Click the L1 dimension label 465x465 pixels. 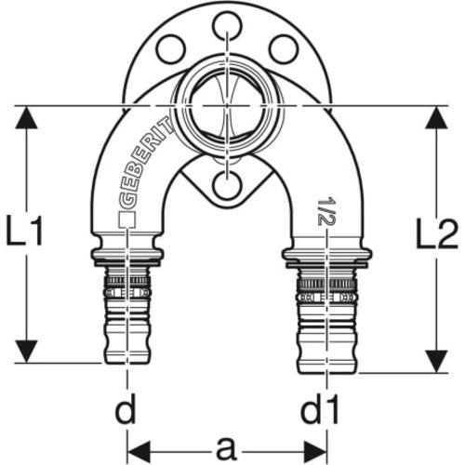point(25,231)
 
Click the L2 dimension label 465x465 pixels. point(437,233)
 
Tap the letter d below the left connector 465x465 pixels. point(126,409)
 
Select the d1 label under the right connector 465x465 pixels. point(320,409)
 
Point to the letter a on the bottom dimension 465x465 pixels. point(227,449)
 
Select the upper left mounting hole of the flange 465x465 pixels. point(171,49)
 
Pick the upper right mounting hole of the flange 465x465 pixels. point(284,49)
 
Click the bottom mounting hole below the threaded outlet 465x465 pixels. point(227,185)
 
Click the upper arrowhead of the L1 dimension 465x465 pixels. point(26,118)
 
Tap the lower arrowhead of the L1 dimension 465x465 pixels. point(26,352)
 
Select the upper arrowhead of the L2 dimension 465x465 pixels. point(436,118)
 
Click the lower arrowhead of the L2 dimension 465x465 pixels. point(436,362)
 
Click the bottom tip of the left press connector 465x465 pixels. point(127,363)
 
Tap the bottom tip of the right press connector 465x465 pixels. point(327,373)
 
